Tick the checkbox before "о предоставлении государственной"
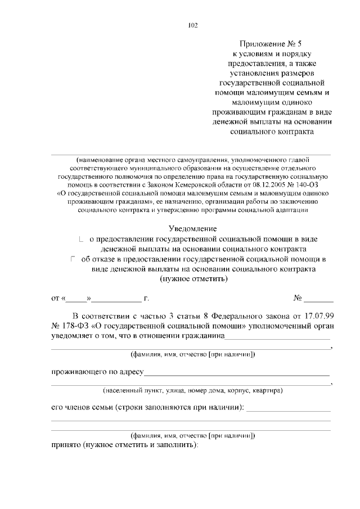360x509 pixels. coord(82,240)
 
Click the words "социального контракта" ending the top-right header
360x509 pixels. coord(272,132)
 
